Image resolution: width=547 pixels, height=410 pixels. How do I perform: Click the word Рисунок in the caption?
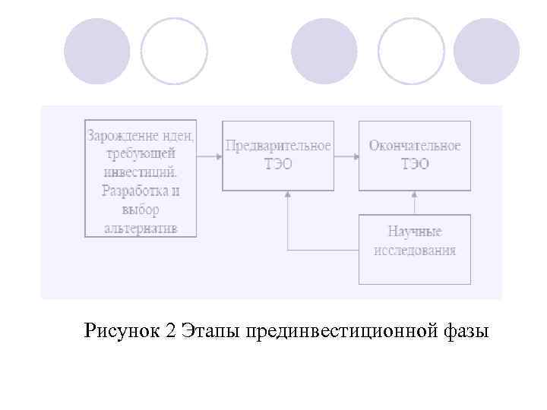(121, 331)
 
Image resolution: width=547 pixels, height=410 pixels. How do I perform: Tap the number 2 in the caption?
(169, 331)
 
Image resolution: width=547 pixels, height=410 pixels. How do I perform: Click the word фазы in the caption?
(465, 331)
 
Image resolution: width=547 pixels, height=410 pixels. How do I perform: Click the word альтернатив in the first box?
(141, 227)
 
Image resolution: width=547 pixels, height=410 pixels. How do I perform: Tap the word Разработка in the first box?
(134, 191)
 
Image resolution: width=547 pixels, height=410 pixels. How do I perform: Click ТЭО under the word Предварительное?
(277, 164)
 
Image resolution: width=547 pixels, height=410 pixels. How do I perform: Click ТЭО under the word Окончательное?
(414, 164)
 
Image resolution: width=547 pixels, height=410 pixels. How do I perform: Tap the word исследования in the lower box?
(414, 251)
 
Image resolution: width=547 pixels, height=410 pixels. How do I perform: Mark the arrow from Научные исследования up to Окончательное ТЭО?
(415, 202)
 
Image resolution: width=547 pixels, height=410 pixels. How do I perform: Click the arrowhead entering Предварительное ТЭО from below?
(287, 194)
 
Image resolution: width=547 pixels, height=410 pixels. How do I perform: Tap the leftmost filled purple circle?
(96, 51)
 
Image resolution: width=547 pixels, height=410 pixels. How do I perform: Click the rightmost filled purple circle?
(486, 51)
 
